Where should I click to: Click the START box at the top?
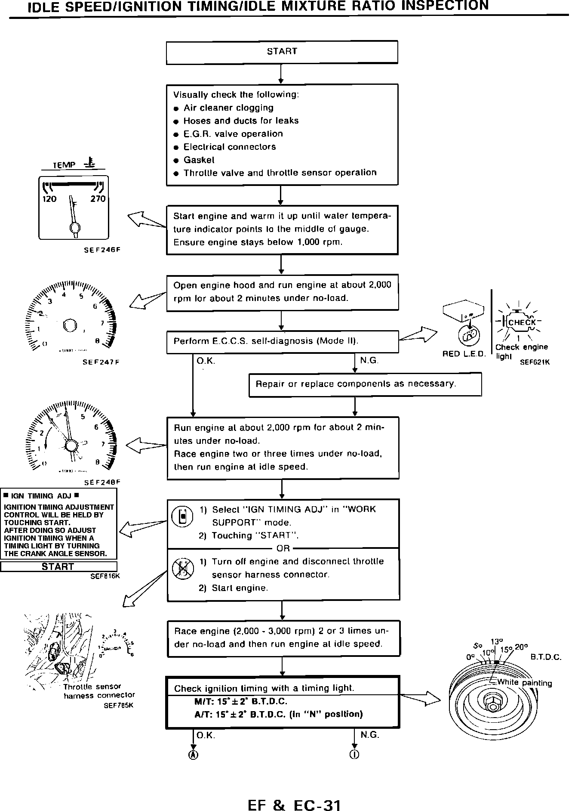pos(282,52)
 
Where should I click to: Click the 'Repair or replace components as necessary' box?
pos(365,384)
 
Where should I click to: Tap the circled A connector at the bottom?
pos(194,755)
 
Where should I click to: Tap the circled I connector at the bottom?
pos(354,755)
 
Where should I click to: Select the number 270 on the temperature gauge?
pos(98,199)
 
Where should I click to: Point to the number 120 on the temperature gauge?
pos(49,199)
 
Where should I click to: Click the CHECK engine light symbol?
pos(522,322)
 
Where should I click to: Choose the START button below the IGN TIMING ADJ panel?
pos(58,566)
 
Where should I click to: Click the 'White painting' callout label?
pos(524,683)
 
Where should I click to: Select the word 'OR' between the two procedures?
pos(283,548)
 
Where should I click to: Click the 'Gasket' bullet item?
pos(199,160)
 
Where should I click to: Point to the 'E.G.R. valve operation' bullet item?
pos(233,134)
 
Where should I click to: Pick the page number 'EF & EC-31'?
pos(294,793)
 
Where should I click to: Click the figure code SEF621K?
pos(535,362)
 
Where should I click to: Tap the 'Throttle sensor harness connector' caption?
pos(99,691)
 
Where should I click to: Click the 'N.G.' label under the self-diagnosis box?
pos(369,360)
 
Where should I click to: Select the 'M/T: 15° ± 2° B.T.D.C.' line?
pos(241,701)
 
